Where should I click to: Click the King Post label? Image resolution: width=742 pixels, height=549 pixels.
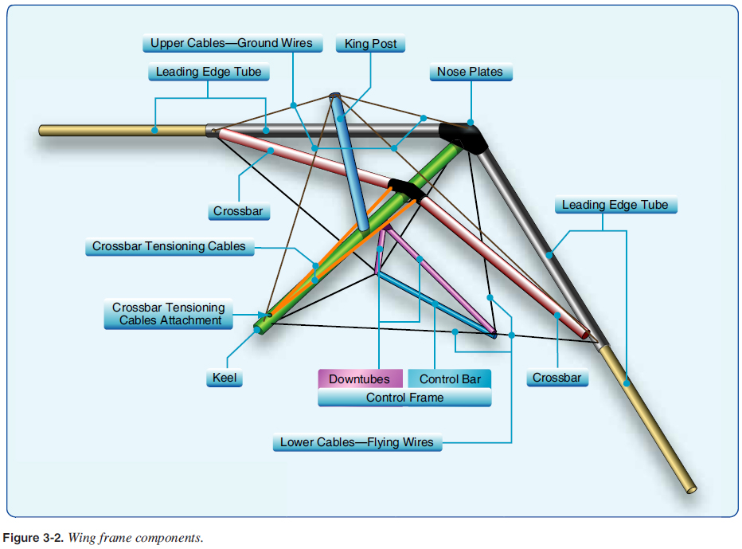point(370,44)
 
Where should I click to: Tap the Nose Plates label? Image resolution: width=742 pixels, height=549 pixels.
point(471,73)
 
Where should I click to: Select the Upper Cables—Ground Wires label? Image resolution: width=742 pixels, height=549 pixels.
point(232,43)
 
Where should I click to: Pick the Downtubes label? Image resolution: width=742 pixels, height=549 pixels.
point(360,379)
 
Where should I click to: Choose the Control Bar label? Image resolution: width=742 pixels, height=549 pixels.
point(450,379)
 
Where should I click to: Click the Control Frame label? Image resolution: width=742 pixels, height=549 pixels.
point(404,397)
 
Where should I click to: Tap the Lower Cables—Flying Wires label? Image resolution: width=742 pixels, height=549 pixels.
point(357,442)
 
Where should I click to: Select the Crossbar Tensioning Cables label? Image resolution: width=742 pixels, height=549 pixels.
point(169,247)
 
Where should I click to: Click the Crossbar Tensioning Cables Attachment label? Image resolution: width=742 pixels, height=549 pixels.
point(168,314)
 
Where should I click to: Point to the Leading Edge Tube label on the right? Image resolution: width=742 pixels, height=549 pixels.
point(615,206)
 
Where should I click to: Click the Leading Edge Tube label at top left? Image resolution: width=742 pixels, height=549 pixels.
point(208,73)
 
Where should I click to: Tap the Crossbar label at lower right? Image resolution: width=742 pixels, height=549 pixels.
point(556,378)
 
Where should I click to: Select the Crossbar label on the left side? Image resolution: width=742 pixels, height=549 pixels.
point(238,212)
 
